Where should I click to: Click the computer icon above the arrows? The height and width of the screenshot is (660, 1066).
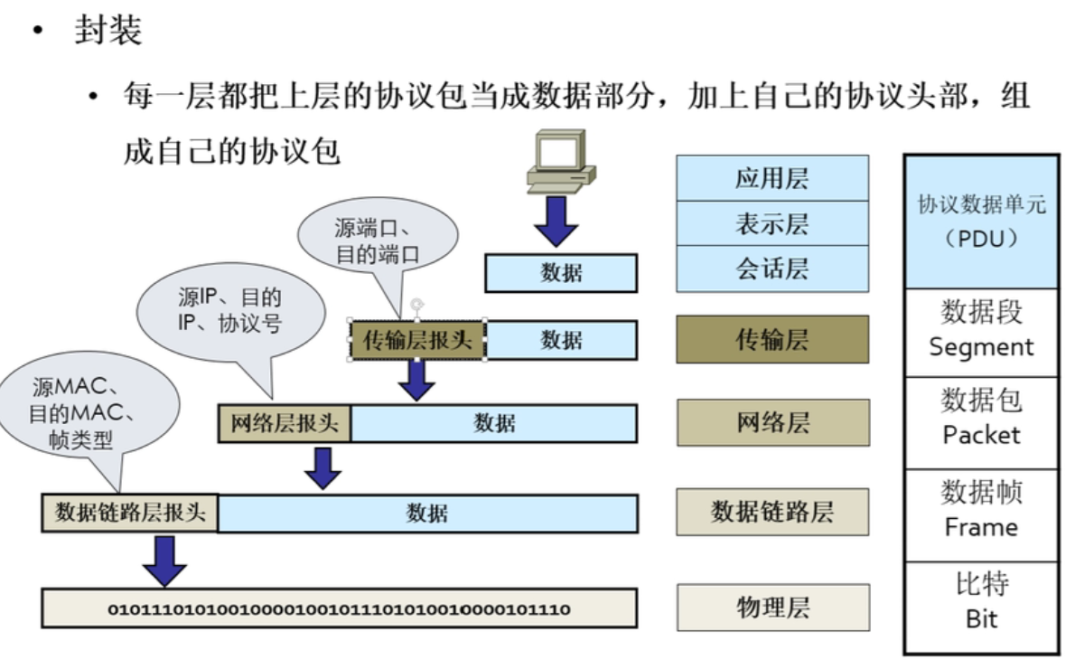560,163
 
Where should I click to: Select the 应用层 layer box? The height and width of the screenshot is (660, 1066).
771,178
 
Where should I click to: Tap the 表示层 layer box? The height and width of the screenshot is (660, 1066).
771,223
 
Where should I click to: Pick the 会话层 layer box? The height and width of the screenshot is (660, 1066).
771,269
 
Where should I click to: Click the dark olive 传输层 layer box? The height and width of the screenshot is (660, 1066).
771,340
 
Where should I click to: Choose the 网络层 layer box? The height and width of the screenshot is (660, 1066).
772,422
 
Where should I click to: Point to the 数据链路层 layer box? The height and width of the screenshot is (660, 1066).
771,512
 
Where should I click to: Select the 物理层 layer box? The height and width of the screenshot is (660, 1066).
772,607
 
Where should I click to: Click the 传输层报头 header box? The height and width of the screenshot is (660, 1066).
417,340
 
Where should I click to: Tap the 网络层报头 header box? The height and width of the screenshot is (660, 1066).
285,423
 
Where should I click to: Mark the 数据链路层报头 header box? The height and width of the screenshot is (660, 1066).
129,513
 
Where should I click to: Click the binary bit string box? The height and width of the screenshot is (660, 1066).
339,608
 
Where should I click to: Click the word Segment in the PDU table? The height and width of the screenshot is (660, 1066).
980,347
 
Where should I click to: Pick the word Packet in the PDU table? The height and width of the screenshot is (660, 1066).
980,435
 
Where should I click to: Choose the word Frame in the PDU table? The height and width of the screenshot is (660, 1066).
980,527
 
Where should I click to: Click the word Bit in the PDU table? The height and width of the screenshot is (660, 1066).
980,620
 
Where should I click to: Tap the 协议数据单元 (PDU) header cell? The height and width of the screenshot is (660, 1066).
980,222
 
